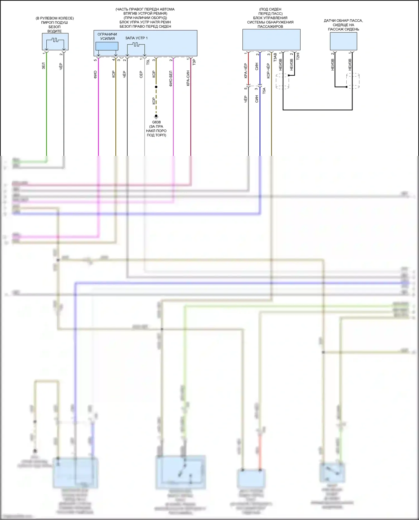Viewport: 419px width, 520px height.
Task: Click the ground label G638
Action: pos(156,122)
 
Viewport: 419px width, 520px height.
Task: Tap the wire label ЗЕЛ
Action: pos(43,66)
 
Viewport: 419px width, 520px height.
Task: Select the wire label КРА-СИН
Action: pos(188,78)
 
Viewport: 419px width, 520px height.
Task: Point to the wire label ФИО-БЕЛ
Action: pos(171,79)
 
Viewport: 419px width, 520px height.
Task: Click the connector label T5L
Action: pos(148,62)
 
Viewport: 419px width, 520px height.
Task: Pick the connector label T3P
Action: pos(194,62)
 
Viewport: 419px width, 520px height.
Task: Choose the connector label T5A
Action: pos(264,90)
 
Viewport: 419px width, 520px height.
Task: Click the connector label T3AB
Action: pos(275,57)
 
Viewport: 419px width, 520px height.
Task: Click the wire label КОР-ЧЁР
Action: pos(268,71)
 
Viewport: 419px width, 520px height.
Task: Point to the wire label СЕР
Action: pos(141,74)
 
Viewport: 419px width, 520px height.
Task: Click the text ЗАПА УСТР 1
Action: pos(136,38)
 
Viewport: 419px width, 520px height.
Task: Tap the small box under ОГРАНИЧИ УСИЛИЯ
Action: pos(107,46)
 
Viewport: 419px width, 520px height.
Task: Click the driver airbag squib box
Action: pos(55,42)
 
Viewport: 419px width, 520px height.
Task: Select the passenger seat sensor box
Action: pos(343,41)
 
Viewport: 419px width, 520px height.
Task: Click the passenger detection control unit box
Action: pos(271,40)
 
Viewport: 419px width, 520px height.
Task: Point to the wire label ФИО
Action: pos(95,74)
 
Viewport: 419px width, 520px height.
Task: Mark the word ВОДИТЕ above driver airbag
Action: pos(54,31)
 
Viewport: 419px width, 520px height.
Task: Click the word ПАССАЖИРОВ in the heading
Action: pos(270,27)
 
